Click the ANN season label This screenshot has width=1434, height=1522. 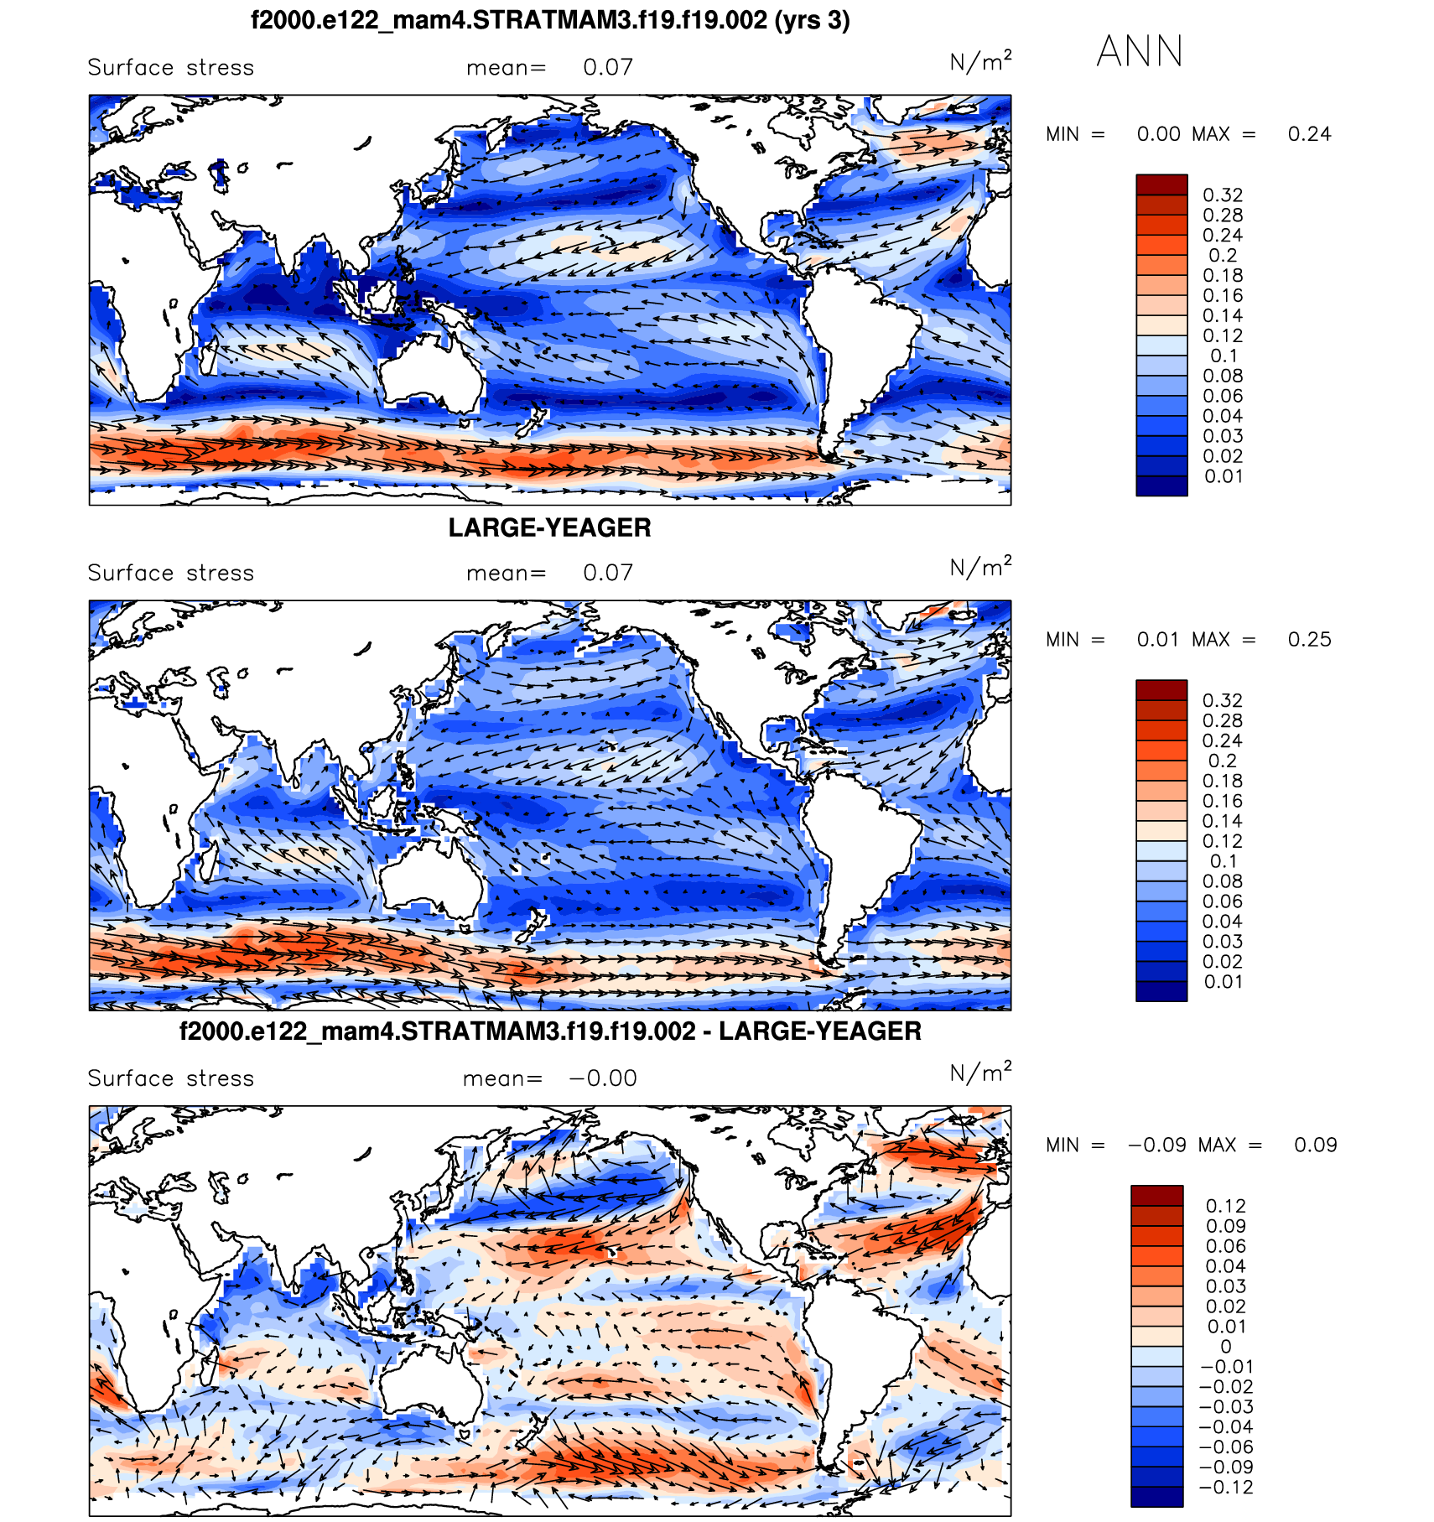point(1139,52)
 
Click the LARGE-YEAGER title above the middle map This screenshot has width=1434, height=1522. point(549,527)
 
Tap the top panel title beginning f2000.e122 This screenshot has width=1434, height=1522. point(550,20)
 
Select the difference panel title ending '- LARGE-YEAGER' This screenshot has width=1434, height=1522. point(550,1031)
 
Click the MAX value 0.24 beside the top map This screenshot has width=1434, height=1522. point(1309,134)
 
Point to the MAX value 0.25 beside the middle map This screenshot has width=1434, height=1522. point(1309,640)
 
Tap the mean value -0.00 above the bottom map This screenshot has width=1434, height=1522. point(603,1078)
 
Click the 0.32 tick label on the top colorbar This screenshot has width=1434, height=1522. point(1223,195)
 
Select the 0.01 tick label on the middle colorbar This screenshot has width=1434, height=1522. point(1223,982)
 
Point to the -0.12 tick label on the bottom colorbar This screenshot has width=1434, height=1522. point(1226,1488)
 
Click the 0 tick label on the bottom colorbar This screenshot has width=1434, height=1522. point(1226,1347)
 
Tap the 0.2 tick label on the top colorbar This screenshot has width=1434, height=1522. point(1223,256)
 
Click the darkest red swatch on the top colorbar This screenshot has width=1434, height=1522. point(1161,184)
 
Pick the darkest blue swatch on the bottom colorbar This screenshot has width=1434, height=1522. point(1156,1496)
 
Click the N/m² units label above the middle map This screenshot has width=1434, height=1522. point(979,568)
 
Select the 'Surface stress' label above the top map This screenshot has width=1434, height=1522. point(170,68)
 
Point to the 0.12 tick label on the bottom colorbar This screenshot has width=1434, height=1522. point(1226,1206)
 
